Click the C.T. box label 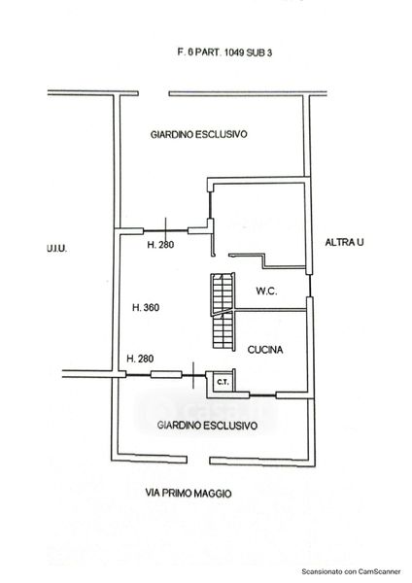[x=223, y=382]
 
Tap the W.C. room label [x=266, y=291]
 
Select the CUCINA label [x=265, y=350]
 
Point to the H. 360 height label [x=146, y=307]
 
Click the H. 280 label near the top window [x=160, y=245]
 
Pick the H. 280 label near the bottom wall [x=140, y=359]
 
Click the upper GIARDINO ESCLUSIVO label [x=198, y=134]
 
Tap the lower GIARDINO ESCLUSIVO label [x=207, y=425]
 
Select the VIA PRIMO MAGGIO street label [x=189, y=494]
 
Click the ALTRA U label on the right [x=344, y=242]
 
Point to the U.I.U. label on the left [x=57, y=249]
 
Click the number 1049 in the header [x=234, y=52]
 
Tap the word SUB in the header [x=257, y=52]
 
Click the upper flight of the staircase [x=223, y=292]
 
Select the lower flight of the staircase [x=223, y=331]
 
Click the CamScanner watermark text [x=351, y=571]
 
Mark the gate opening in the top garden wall [x=154, y=93]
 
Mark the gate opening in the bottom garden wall [x=198, y=461]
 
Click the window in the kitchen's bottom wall [x=262, y=395]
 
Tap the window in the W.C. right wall [x=309, y=286]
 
